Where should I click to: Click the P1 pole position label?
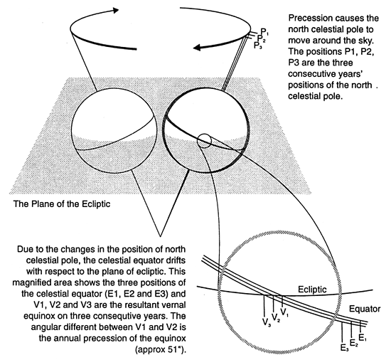[x=264, y=32]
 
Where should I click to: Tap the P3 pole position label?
[x=258, y=46]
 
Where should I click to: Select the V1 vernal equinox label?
[x=284, y=312]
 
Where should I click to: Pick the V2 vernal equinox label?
[x=276, y=317]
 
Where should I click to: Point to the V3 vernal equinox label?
[x=267, y=322]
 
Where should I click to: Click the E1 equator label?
[x=363, y=337]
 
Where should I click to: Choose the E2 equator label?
[x=354, y=342]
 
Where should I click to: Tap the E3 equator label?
[x=344, y=347]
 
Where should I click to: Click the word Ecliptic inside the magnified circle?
[x=312, y=290]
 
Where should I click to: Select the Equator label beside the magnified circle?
[x=365, y=309]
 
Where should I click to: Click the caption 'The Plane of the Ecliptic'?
[x=62, y=204]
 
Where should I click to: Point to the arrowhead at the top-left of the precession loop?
[x=115, y=10]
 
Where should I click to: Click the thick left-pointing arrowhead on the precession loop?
[x=198, y=48]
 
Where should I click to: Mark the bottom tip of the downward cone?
[x=160, y=235]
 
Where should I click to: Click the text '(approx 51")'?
[x=161, y=349]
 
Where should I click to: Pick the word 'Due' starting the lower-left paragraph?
[x=24, y=249]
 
